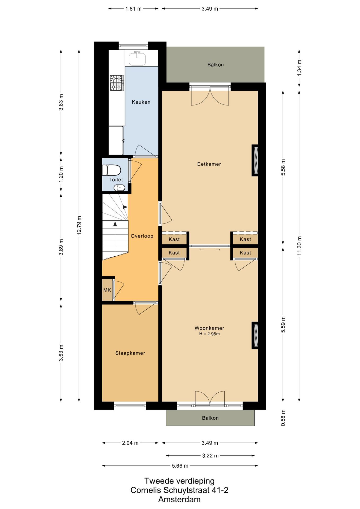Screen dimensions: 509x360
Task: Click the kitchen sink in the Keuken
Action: [x=137, y=59]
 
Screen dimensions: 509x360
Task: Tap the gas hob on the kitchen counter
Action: [x=117, y=83]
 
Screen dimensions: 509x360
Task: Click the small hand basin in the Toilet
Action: [x=119, y=188]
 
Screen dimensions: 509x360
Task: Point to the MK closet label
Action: [x=107, y=290]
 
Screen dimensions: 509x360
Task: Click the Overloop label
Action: [x=142, y=236]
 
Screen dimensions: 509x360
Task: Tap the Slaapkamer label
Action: [x=130, y=353]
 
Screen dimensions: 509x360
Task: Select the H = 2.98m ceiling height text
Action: [x=209, y=334]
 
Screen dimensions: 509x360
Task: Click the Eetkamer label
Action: [x=209, y=164]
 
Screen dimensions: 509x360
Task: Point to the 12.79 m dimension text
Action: [x=79, y=225]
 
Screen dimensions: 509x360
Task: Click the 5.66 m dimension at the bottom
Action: [x=180, y=466]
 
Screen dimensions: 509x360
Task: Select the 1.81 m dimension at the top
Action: [x=133, y=9]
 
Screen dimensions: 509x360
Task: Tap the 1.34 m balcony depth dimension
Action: [x=299, y=68]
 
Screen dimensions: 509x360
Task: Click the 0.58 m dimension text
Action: [x=283, y=418]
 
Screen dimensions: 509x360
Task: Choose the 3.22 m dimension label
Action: [x=210, y=455]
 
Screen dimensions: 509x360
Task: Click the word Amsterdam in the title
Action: [x=179, y=499]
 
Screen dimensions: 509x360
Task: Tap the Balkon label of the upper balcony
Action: [x=215, y=65]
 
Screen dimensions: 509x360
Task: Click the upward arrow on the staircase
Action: [x=115, y=224]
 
